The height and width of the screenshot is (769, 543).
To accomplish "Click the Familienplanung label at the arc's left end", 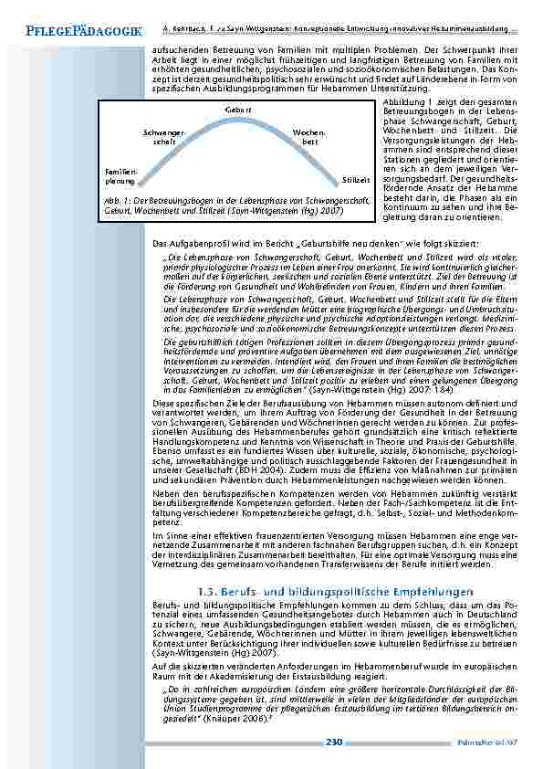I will (120, 175).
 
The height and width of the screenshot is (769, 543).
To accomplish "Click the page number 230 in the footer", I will (333, 743).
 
